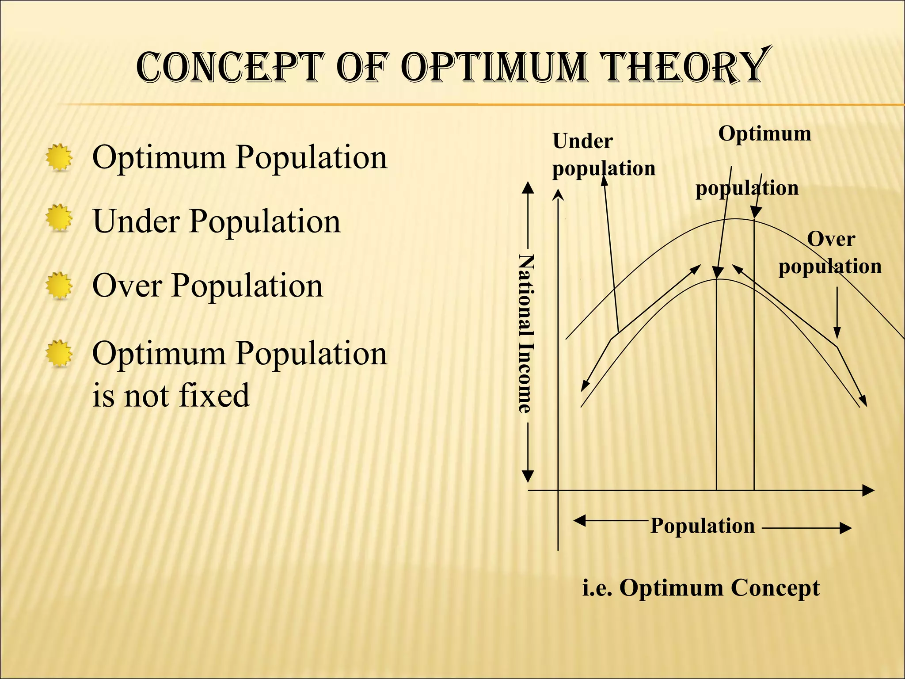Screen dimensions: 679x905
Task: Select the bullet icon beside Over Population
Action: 59,285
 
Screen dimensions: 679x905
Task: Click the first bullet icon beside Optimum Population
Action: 59,157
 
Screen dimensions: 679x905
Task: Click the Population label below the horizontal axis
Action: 703,526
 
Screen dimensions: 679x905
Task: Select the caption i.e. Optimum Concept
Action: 701,588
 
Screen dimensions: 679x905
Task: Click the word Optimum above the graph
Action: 764,134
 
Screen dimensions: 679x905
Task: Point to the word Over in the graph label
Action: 831,239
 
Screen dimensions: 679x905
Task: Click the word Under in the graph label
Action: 582,141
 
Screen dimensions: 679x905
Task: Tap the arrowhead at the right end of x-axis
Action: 869,490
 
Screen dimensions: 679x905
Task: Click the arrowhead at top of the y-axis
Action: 559,195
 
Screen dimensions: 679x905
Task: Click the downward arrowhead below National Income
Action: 528,477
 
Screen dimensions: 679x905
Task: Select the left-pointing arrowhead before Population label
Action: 579,521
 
